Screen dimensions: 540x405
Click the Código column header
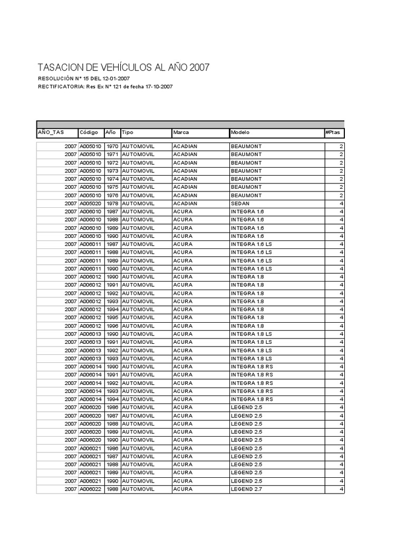[89, 132]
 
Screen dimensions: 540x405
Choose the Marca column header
[181, 132]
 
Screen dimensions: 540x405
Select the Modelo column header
[240, 132]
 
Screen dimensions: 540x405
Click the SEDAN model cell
[240, 204]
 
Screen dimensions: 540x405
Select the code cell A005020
[90, 204]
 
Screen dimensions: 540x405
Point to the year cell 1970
[112, 146]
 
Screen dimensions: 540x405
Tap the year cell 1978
[112, 204]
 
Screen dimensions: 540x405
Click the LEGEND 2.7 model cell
[246, 489]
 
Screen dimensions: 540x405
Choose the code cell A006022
[90, 489]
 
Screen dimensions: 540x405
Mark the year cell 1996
[112, 326]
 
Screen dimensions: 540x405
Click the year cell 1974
[112, 179]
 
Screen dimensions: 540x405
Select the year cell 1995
[112, 318]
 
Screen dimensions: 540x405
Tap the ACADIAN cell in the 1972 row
[185, 162]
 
